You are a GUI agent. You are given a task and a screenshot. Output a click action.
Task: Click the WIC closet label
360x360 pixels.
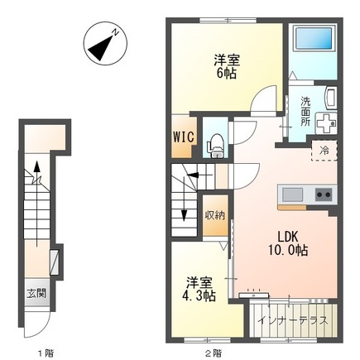(184, 137)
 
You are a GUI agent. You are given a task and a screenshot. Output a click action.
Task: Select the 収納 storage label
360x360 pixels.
(215, 215)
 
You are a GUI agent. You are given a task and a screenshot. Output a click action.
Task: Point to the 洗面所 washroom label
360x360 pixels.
(305, 112)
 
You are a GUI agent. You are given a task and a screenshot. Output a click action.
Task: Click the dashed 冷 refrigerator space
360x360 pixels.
(324, 151)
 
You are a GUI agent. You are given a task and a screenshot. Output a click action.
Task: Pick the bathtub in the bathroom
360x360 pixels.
(314, 38)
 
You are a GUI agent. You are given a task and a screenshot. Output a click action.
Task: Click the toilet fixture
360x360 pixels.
(216, 146)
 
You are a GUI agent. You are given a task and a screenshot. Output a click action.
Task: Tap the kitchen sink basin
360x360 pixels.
(292, 194)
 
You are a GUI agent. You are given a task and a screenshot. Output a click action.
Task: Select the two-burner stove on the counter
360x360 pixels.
(324, 194)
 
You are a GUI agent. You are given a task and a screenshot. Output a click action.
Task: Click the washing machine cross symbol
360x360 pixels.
(326, 123)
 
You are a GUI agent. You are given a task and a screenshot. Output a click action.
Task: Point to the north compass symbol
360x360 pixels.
(105, 43)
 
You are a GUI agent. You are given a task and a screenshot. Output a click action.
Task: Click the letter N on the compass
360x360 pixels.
(116, 32)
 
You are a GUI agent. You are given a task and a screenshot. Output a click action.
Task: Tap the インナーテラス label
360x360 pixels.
(294, 321)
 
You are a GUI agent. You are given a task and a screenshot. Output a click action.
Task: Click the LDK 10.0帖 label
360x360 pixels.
(288, 243)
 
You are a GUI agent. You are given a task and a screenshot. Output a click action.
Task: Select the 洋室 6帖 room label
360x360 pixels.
(227, 67)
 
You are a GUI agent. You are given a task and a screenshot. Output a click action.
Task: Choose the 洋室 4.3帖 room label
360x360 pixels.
(199, 289)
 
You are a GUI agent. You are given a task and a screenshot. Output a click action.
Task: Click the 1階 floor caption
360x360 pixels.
(46, 353)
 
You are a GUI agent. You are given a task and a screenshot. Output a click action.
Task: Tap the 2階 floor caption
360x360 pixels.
(214, 353)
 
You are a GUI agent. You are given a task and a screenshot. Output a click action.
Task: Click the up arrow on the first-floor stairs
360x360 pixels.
(36, 204)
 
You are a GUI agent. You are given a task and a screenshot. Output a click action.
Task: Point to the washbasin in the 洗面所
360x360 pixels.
(330, 98)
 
